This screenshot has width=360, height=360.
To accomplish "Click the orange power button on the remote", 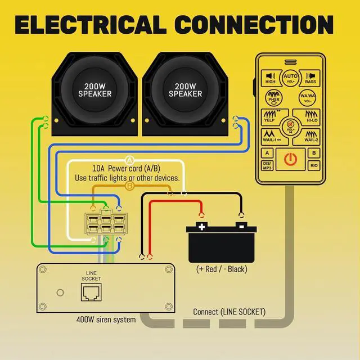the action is (290, 159).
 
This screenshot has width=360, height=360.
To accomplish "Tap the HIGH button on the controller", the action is (271, 78).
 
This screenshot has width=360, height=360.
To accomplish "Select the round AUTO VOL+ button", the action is (290, 78).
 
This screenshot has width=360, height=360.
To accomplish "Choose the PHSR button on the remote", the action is (274, 98).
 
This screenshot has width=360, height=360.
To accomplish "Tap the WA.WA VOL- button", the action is (308, 98).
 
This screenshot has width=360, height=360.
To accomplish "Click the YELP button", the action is (272, 117).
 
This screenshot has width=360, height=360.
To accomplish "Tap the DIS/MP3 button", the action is (267, 165).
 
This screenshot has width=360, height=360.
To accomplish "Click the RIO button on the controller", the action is (314, 165).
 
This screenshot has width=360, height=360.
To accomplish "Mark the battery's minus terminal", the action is (241, 226).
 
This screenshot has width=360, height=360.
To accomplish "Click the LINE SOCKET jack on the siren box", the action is (91, 292).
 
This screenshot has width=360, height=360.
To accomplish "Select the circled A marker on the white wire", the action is (130, 160).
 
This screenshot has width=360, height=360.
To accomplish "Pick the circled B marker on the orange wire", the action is (130, 186).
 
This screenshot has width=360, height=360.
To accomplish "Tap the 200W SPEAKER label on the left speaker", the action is (95, 90).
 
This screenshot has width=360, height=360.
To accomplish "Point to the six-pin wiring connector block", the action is (106, 223).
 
